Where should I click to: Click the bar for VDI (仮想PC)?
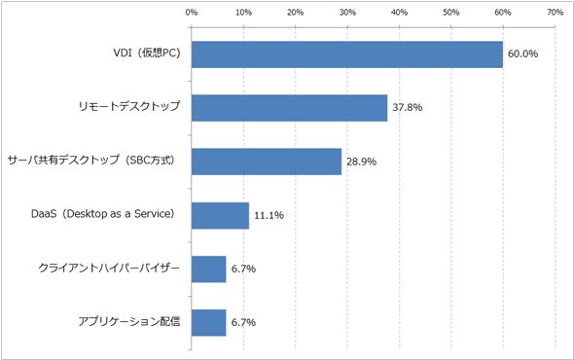pos(347,54)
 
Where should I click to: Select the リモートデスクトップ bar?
pos(289,108)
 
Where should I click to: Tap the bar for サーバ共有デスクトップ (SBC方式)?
pos(267,162)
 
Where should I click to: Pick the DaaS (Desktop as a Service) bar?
pos(220,215)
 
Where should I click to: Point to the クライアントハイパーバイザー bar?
pos(208,270)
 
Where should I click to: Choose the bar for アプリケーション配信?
pos(208,323)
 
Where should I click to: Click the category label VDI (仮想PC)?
pos(147,54)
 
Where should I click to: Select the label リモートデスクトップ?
pos(129,106)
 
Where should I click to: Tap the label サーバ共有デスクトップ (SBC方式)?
pos(91,160)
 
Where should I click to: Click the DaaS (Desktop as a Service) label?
pos(103,214)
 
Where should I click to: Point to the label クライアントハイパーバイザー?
pos(109,268)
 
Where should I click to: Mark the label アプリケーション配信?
pos(129,321)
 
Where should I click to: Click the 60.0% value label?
pos(522,54)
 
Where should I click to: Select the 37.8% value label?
pos(408,107)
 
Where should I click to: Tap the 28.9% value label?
pos(361,162)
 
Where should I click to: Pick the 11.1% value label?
pos(269,215)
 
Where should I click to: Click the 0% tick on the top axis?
pos(192,13)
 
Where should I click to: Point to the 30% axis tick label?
pos(347,13)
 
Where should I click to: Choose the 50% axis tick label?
pos(451,13)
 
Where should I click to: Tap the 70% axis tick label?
pos(555,13)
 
